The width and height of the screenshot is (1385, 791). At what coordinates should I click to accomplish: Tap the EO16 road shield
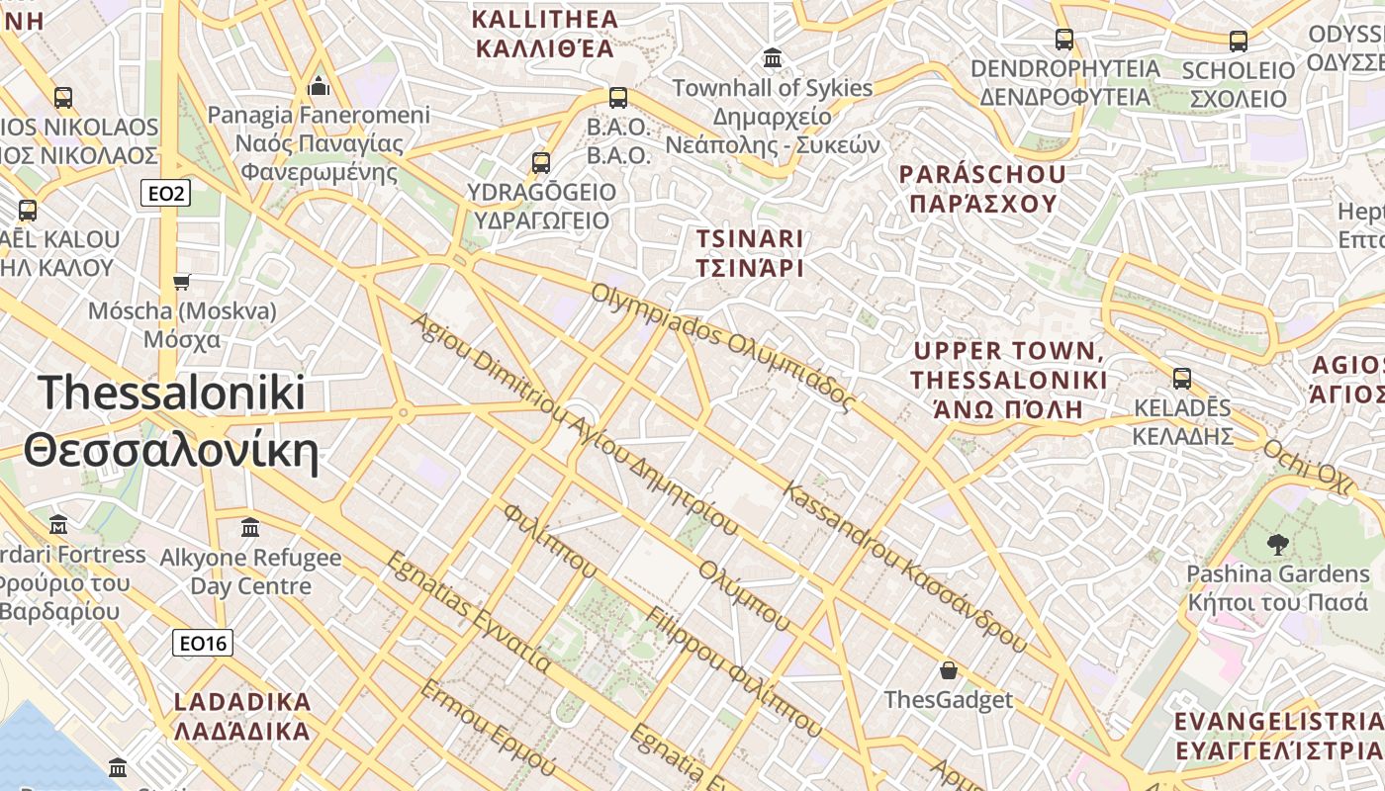click(x=202, y=644)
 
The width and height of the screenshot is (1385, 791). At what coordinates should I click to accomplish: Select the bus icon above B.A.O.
click(x=618, y=97)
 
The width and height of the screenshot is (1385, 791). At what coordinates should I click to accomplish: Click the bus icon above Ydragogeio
click(x=540, y=162)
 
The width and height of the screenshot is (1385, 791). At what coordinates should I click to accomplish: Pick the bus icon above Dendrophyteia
click(x=1064, y=40)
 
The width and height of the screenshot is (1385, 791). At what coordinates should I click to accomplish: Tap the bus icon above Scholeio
click(x=1238, y=41)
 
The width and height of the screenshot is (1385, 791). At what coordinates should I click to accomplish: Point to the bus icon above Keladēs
click(x=1181, y=378)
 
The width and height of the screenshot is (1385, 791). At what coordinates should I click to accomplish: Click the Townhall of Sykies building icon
click(x=773, y=58)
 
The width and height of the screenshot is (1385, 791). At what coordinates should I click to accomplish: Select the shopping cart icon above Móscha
click(x=181, y=283)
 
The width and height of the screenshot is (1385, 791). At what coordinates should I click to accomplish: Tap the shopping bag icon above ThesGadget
click(x=949, y=670)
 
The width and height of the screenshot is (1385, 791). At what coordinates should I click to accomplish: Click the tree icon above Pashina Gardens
click(x=1277, y=543)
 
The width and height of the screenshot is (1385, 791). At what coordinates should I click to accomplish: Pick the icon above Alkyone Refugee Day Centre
click(x=250, y=527)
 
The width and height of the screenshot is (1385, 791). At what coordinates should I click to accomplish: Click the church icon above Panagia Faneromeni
click(x=319, y=85)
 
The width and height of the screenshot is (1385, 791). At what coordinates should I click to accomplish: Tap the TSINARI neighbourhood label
click(x=749, y=253)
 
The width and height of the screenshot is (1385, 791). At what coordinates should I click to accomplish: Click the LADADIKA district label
click(x=242, y=717)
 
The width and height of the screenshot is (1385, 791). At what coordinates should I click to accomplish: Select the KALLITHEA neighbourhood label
click(x=545, y=34)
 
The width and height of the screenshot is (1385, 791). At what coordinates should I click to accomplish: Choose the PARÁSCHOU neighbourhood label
click(x=982, y=189)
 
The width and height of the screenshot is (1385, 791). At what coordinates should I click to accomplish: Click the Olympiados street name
click(x=722, y=346)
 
